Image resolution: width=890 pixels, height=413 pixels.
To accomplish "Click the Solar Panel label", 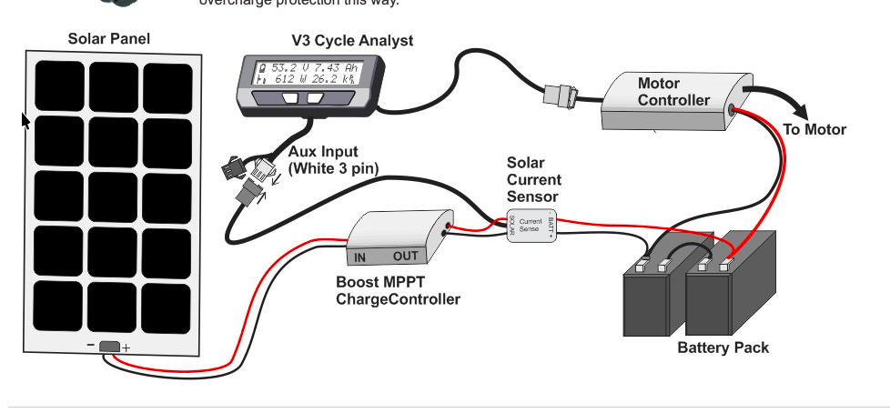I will (109, 39).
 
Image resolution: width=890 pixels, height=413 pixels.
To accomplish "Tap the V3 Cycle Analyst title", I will (351, 41).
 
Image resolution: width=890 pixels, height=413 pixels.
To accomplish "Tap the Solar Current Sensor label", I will (534, 179).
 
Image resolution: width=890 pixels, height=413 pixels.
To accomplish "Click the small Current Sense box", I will (531, 222).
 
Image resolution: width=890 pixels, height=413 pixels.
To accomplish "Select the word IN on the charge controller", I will (360, 257).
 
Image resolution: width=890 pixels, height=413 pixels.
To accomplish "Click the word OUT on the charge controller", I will (405, 257).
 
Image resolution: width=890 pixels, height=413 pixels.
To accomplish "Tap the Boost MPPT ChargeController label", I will (398, 291).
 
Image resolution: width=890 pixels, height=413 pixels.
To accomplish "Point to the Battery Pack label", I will (723, 348).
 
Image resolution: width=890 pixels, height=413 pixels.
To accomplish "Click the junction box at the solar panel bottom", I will (108, 347).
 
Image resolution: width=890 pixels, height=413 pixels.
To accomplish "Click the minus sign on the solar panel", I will (91, 347).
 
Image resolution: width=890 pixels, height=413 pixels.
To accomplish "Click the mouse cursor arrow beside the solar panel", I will (25, 120).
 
